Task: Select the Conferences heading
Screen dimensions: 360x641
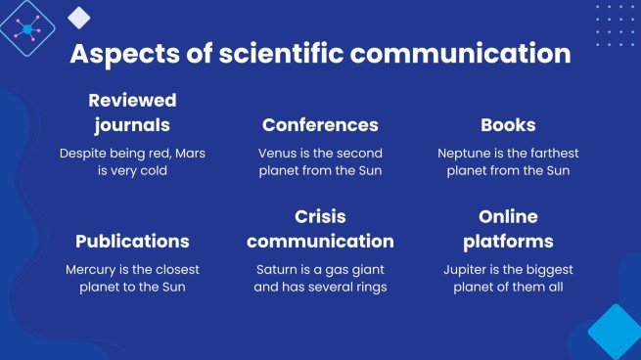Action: tap(320, 125)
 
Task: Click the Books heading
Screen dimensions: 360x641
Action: tap(508, 125)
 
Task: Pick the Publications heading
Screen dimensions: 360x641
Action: tap(132, 241)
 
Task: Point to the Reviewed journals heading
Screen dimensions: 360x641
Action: tap(132, 112)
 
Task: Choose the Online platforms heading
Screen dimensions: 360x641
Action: tap(508, 228)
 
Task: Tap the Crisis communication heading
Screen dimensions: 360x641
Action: tap(320, 228)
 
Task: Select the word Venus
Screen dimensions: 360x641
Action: tap(278, 154)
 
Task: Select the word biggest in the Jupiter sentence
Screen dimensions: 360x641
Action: tap(549, 269)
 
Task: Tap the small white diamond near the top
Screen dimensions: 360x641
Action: tap(79, 17)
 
